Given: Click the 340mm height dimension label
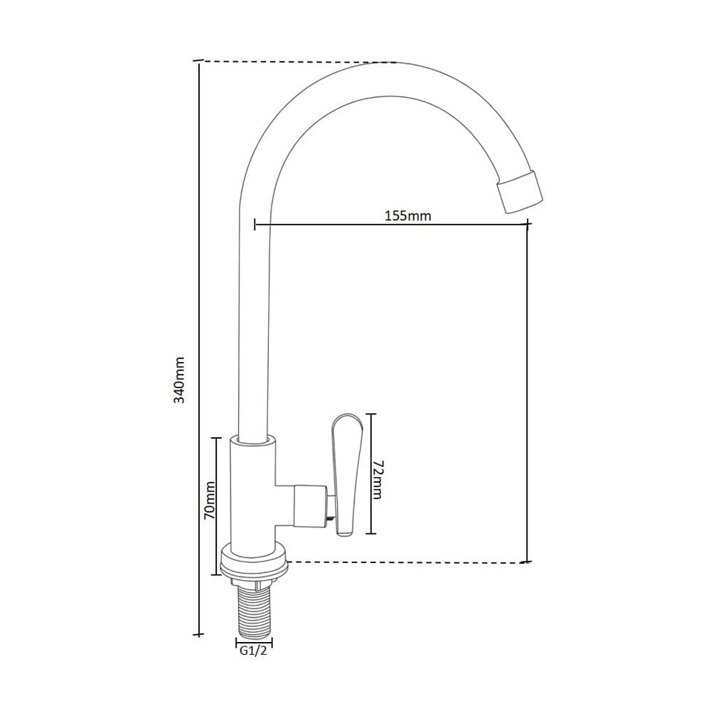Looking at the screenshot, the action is pos(180,380).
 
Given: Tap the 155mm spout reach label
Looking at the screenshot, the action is pos(408,216).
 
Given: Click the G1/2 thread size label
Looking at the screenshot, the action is pos(254,651).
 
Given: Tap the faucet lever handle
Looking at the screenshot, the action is pos(347,474).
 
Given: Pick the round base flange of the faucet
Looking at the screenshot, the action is pos(254,562).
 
